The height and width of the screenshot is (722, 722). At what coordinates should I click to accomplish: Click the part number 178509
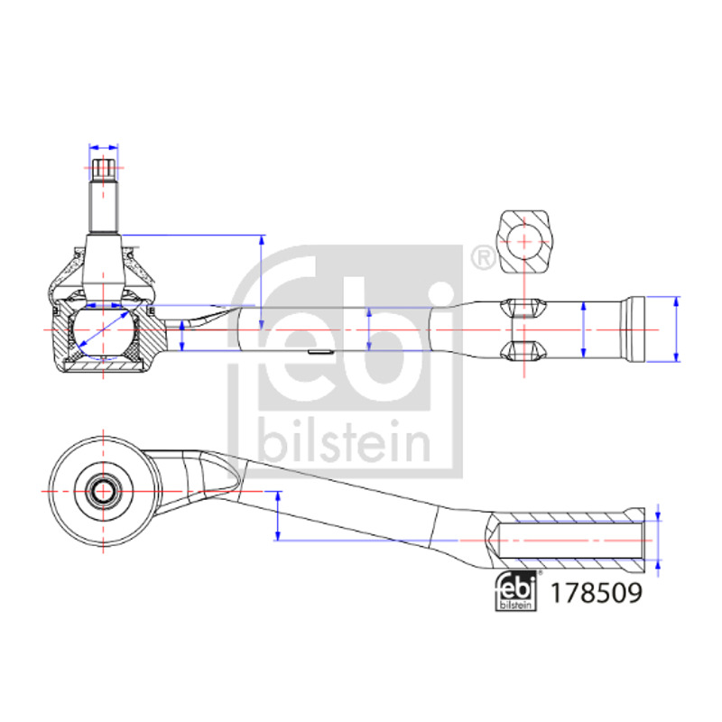coord(596,593)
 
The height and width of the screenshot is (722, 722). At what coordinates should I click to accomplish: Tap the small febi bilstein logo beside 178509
coord(515,591)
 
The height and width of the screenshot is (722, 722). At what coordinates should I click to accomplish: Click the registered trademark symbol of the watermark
coord(484,258)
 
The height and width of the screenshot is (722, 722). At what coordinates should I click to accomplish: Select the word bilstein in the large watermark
coord(345,440)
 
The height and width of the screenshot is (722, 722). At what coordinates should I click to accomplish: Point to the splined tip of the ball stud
coord(104,170)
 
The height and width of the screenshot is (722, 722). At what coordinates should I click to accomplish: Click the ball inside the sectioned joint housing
coord(103,330)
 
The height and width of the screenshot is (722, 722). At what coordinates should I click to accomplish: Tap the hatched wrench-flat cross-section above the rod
coord(524,242)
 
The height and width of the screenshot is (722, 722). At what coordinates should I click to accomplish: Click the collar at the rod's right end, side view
coord(634,329)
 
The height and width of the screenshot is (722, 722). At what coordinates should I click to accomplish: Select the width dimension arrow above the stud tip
coord(104,148)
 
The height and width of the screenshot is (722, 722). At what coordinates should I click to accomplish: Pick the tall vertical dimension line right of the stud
coord(262,282)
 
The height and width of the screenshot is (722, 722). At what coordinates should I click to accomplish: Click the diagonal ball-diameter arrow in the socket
coord(104,329)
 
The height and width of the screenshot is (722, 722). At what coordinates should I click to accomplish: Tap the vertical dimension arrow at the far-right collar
coord(676,329)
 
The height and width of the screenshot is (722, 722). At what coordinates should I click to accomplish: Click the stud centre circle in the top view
coord(103,491)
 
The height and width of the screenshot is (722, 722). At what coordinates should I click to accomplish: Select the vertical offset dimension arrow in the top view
coord(278,515)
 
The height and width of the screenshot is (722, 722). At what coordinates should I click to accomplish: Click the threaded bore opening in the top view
coord(571,540)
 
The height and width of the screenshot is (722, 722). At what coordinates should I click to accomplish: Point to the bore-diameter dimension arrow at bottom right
coord(658,541)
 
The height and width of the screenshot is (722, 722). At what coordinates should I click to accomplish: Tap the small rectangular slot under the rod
coord(320,352)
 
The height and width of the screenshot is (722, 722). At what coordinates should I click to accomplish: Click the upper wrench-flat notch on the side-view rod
coord(523,308)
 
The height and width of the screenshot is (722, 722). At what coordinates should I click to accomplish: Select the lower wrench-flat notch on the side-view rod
coord(523,351)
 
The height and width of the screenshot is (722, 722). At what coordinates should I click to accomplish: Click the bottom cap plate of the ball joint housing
coord(103,366)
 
